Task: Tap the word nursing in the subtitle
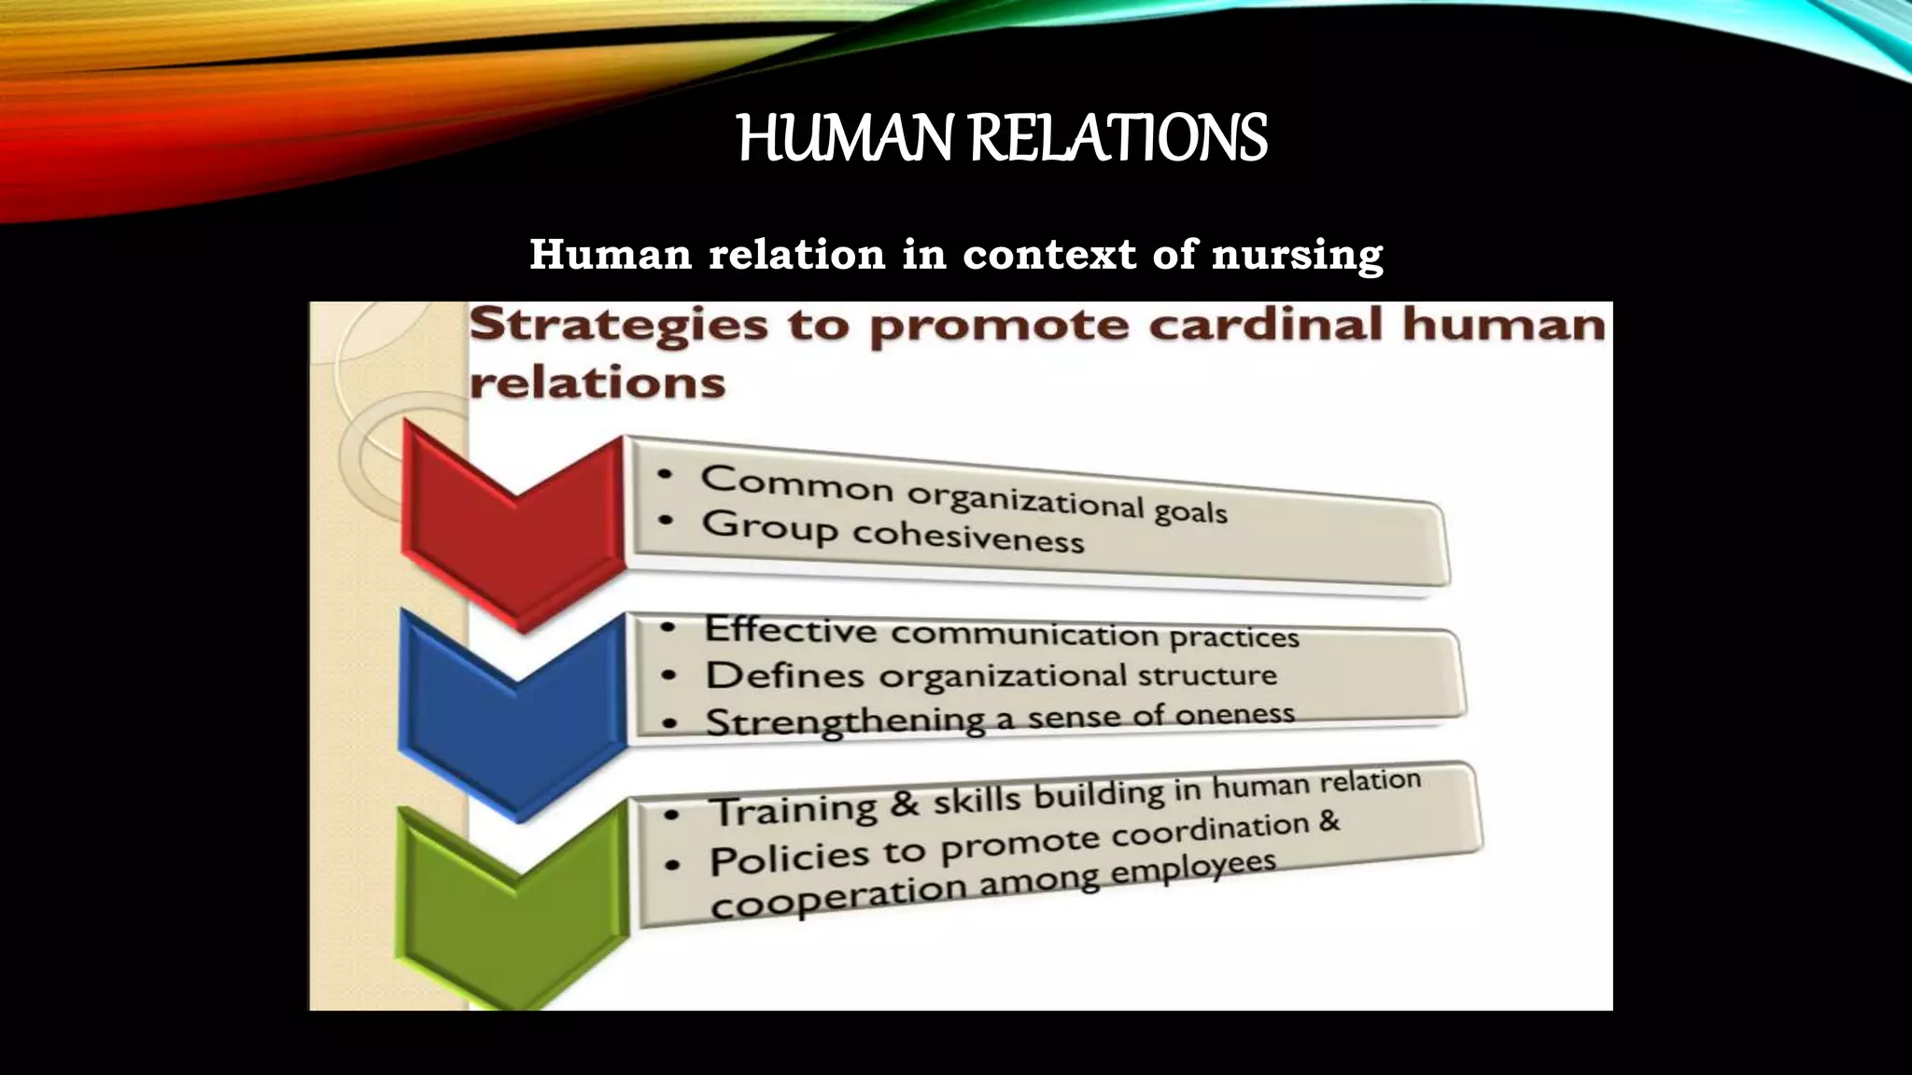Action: point(1297,256)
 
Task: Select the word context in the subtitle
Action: point(1048,254)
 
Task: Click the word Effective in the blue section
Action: point(791,629)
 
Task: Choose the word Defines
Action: point(785,676)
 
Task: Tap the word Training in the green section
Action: point(795,809)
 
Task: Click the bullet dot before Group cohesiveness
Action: point(666,522)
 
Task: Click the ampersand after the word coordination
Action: point(1329,822)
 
